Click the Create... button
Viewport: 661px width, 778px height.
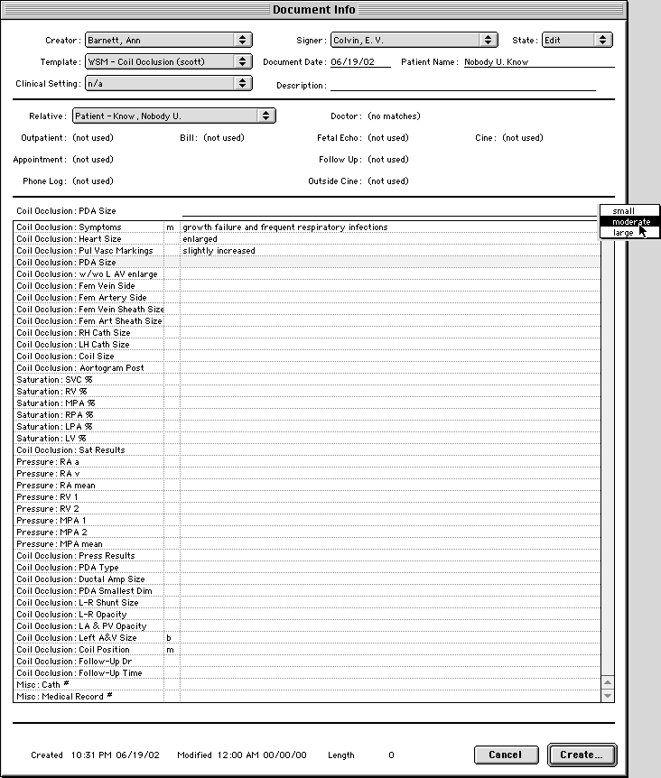[x=581, y=755]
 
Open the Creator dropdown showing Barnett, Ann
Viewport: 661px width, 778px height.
[x=168, y=41]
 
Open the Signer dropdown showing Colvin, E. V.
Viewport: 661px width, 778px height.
[x=414, y=41]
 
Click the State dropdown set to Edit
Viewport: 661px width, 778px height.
[x=576, y=41]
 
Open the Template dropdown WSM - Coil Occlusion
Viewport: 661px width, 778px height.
[x=168, y=62]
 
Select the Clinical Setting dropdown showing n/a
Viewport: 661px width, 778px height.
[x=168, y=83]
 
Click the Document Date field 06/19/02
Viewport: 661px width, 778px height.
[x=359, y=63]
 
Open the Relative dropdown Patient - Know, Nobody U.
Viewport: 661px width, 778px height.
[x=173, y=116]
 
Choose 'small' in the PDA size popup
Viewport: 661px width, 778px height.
[x=623, y=211]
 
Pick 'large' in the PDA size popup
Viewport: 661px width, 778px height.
[x=623, y=233]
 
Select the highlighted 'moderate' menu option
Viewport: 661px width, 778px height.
[x=629, y=222]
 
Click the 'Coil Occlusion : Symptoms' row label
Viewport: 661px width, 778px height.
[x=69, y=227]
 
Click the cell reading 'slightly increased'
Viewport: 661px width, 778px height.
[x=219, y=251]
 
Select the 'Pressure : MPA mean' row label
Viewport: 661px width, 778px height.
[x=59, y=544]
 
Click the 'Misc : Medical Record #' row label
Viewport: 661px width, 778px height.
[x=64, y=697]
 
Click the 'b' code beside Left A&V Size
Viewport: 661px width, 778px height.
[x=169, y=638]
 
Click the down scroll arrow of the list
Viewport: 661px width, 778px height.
[x=608, y=696]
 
